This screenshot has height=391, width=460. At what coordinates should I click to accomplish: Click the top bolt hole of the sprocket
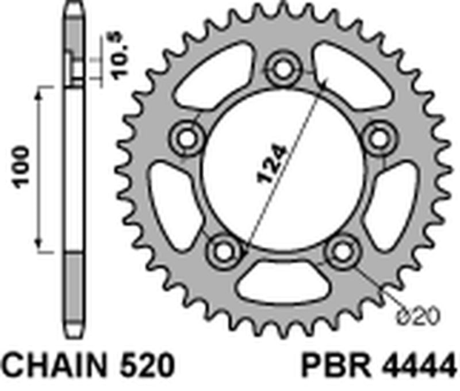click(282, 68)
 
